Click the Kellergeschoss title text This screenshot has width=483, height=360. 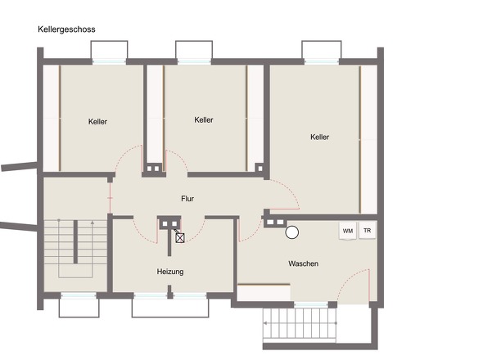pyautogui.click(x=66, y=29)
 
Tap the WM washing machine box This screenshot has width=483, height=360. pyautogui.click(x=348, y=231)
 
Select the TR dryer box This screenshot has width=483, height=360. pyautogui.click(x=368, y=230)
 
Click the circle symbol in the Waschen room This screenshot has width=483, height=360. pyautogui.click(x=291, y=232)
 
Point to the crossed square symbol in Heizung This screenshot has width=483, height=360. pyautogui.click(x=180, y=238)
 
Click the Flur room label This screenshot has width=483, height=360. pyautogui.click(x=187, y=199)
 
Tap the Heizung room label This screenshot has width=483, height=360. pyautogui.click(x=170, y=272)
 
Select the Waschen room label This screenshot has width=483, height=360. pyautogui.click(x=304, y=263)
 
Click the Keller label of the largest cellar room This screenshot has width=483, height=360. pyautogui.click(x=320, y=137)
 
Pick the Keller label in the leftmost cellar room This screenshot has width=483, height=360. pyautogui.click(x=97, y=121)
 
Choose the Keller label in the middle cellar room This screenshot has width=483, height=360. pyautogui.click(x=204, y=119)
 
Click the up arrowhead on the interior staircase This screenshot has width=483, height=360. pyautogui.click(x=93, y=223)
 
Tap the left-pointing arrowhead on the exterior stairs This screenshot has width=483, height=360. pyautogui.click(x=265, y=323)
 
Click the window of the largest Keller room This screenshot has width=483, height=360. pyautogui.click(x=321, y=61)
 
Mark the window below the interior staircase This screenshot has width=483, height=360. pyautogui.click(x=79, y=295)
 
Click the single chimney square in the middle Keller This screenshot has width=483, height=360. pyautogui.click(x=260, y=169)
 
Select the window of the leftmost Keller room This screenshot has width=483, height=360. pyautogui.click(x=109, y=61)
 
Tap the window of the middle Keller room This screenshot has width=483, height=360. pyautogui.click(x=194, y=61)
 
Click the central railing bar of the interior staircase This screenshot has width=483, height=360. pyautogui.click(x=75, y=241)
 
